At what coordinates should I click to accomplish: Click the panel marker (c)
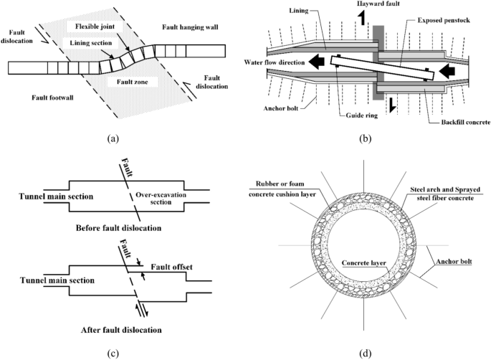(123, 352)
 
